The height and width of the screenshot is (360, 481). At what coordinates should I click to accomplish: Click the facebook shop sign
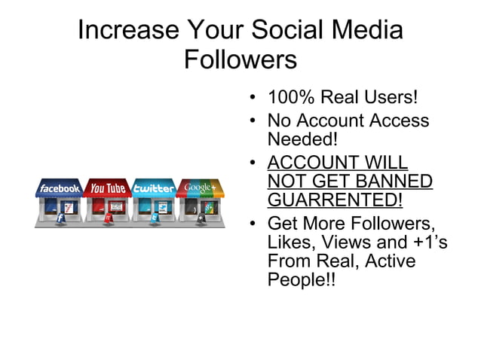point(60,188)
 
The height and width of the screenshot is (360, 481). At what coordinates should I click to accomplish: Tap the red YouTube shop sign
point(107,188)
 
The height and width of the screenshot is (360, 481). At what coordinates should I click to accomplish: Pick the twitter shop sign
point(154,188)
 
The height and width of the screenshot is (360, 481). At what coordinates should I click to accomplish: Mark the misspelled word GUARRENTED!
point(335,201)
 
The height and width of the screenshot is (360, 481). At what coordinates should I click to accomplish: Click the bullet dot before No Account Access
point(253,121)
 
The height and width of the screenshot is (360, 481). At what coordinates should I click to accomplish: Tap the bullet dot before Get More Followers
point(253,224)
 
